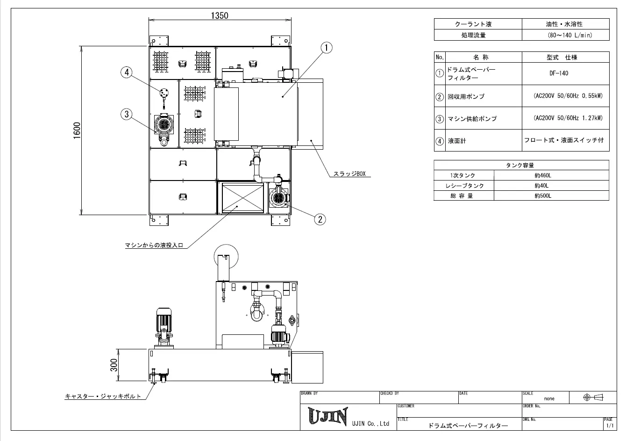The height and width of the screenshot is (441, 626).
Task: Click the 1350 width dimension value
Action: pos(220,16)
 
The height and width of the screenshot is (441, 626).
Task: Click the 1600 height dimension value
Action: pos(77,130)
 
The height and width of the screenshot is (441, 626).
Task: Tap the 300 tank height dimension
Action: pos(114,365)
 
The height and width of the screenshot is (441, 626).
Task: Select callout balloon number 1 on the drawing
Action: pos(327,48)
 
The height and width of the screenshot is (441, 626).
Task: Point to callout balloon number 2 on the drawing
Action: pos(320,219)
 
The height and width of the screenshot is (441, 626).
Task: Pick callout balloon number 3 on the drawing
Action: pos(127,114)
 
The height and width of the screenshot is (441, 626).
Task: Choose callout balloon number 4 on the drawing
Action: pos(127,72)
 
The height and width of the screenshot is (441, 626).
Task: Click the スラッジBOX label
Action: pos(349,174)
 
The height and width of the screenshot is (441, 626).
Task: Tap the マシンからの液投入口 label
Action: pos(154,246)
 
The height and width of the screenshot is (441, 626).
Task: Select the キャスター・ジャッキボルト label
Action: pos(103,396)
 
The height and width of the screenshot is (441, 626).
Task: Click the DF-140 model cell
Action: pos(559,73)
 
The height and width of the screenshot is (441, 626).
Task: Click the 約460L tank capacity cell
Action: pos(543,175)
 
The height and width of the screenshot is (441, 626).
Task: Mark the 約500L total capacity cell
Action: pos(543,196)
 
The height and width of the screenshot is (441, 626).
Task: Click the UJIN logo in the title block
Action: pos(328,416)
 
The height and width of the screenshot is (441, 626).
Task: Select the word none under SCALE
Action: pos(549,399)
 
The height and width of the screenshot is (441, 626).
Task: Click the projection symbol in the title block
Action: pos(593,398)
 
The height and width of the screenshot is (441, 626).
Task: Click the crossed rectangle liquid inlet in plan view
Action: pos(243,198)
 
